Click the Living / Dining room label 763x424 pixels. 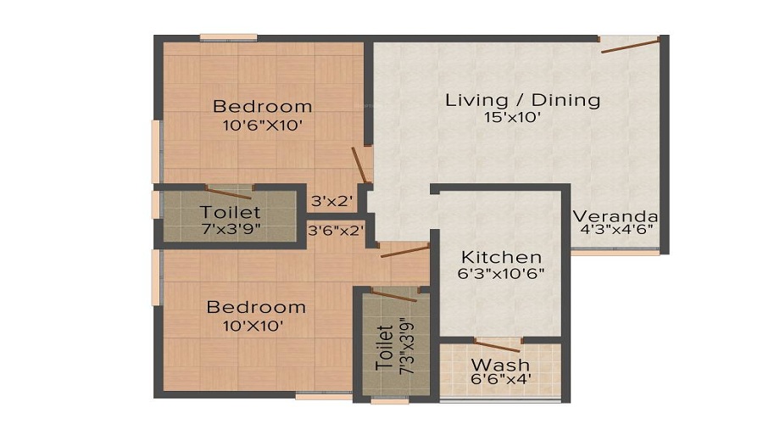(522, 100)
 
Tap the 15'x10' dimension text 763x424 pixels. (512, 117)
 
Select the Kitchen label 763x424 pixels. (501, 257)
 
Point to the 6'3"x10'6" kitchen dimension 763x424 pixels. (501, 274)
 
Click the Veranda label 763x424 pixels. (615, 216)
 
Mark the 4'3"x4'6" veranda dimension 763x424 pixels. (616, 229)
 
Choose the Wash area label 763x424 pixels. (500, 365)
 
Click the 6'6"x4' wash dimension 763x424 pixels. (501, 379)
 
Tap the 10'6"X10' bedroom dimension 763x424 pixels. (263, 126)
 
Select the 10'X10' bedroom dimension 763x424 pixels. (253, 326)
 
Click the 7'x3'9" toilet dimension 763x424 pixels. (231, 228)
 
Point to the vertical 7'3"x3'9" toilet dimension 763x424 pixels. (406, 348)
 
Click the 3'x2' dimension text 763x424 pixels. (331, 201)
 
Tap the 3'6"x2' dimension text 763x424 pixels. (336, 231)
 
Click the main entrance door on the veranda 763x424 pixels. (630, 45)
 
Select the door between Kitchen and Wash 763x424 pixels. (497, 346)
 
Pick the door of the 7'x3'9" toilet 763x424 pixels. (228, 192)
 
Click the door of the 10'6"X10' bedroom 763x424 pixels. (359, 165)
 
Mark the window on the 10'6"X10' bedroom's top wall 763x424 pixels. (229, 37)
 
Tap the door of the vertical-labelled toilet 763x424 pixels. (394, 295)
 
